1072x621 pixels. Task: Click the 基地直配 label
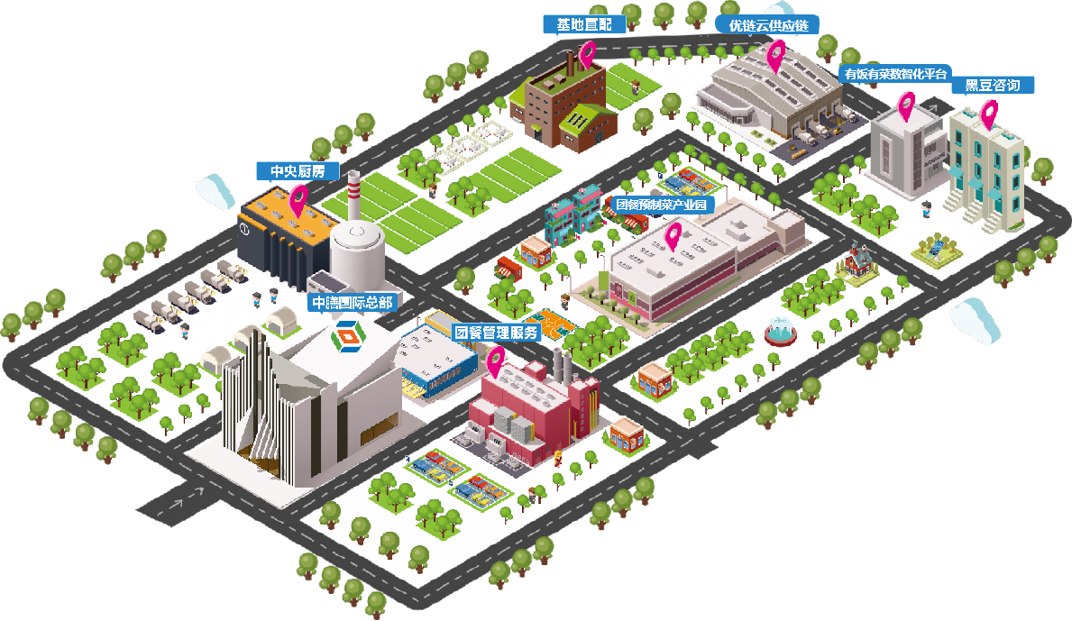click(584, 25)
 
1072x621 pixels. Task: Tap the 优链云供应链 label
click(768, 26)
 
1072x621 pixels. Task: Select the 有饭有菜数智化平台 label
click(895, 74)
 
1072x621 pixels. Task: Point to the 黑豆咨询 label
click(992, 86)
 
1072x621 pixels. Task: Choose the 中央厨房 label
click(298, 170)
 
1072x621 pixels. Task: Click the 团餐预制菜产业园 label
click(661, 205)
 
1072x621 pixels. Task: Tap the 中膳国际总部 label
click(353, 302)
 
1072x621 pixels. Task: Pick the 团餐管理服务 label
click(497, 333)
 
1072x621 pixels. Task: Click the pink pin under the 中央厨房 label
click(298, 199)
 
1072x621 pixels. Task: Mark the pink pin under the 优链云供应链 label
click(775, 55)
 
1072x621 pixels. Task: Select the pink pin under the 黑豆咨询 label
click(989, 114)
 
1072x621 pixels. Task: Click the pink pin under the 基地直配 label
click(587, 53)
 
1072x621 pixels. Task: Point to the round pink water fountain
click(780, 332)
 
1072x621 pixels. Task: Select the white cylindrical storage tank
click(357, 255)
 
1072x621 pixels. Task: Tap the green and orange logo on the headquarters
click(348, 333)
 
